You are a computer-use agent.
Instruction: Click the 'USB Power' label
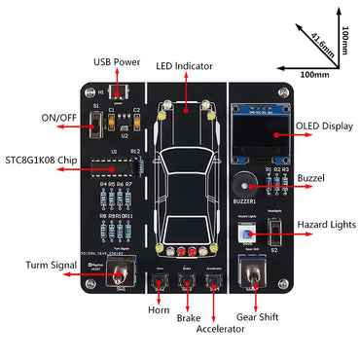point(117,62)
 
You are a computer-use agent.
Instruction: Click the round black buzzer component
point(243,183)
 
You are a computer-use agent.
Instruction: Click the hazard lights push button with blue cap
point(245,232)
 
